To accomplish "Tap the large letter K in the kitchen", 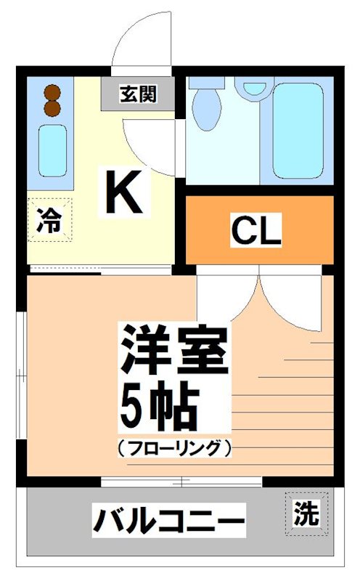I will click(x=124, y=191).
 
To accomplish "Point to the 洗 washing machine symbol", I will click(x=306, y=514).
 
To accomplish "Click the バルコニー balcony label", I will click(x=168, y=521).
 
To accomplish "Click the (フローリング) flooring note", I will click(x=174, y=448).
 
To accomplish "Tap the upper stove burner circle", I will click(x=51, y=92).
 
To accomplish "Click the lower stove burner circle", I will click(x=51, y=108).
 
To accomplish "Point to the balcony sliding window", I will click(x=181, y=482).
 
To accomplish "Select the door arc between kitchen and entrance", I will click(x=149, y=142).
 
